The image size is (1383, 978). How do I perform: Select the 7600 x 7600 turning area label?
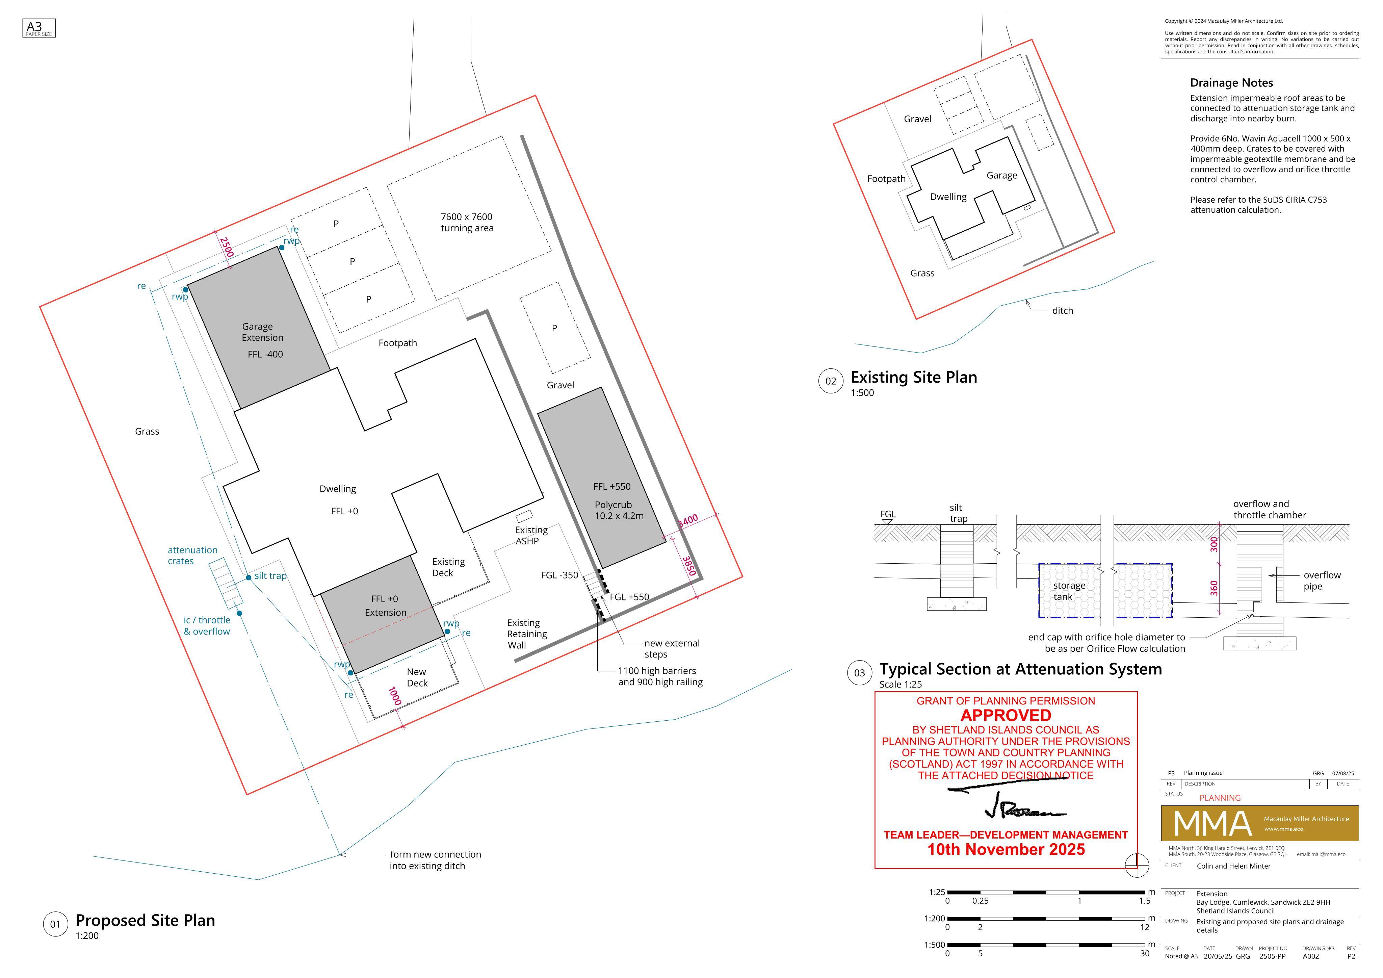pos(467,222)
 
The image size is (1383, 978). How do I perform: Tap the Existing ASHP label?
pos(531,536)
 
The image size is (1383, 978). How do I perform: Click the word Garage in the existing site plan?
pos(1002,175)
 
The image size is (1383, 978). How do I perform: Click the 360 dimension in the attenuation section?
pos(1214,588)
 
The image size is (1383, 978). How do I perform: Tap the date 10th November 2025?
pos(1006,850)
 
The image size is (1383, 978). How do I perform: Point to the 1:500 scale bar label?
pos(935,945)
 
